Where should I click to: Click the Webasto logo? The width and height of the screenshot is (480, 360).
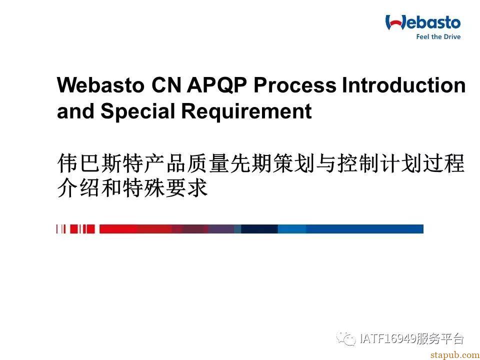tap(423, 26)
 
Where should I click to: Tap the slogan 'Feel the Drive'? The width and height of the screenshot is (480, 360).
tap(438, 36)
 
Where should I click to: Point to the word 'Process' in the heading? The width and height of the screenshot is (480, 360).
tap(295, 85)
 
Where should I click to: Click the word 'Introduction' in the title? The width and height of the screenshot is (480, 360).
tap(404, 85)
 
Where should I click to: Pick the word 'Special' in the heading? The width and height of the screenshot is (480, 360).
tap(137, 111)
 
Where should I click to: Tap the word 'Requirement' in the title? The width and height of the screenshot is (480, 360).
tap(246, 111)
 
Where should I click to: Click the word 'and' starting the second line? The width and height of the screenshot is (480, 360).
tap(75, 111)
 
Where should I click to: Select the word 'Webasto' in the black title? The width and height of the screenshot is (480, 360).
tap(100, 85)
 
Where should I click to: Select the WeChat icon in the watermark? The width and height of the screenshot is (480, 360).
tap(346, 339)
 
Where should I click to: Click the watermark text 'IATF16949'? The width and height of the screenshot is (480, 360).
tap(388, 339)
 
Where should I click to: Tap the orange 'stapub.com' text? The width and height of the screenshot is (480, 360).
tap(455, 355)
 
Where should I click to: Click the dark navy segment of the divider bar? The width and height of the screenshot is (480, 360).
tap(259, 229)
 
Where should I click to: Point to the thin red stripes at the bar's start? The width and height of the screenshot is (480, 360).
tap(75, 229)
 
